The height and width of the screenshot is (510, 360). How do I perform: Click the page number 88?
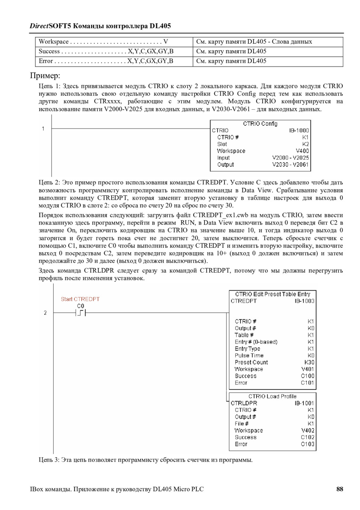click(x=340, y=489)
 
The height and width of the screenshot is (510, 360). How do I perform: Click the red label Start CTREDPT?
click(x=80, y=299)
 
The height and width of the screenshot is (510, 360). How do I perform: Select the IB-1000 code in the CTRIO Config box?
click(x=299, y=131)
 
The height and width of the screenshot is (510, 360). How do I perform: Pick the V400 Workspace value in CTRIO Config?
click(x=302, y=151)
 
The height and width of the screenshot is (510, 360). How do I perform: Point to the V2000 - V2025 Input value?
click(x=290, y=158)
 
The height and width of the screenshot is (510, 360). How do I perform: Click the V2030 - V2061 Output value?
click(x=290, y=165)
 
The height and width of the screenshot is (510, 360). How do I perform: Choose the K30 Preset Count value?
click(x=309, y=362)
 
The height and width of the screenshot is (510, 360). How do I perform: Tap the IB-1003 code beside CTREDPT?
click(x=304, y=301)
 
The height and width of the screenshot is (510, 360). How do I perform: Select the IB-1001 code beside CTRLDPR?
click(x=304, y=403)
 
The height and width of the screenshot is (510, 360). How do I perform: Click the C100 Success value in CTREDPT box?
click(x=308, y=376)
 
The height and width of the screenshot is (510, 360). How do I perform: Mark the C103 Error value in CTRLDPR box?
click(x=308, y=444)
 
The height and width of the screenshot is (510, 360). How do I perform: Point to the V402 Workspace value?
click(x=308, y=430)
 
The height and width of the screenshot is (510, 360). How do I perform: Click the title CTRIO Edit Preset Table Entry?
click(x=273, y=294)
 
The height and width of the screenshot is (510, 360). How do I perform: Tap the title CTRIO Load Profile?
click(x=272, y=396)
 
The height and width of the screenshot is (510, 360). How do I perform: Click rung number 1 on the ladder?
click(x=43, y=129)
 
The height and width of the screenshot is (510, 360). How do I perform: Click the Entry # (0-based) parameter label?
click(x=256, y=342)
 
